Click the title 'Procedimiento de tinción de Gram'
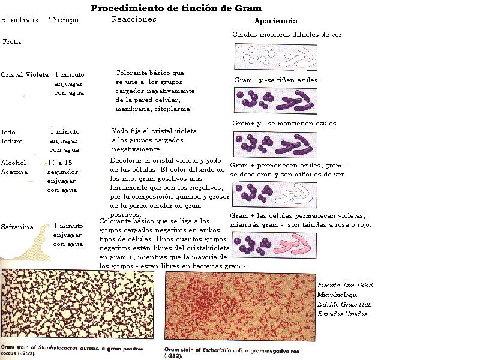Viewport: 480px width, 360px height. (x=176, y=8)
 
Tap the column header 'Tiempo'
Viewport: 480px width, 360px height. (x=64, y=20)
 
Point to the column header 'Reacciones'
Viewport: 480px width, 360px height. (x=134, y=19)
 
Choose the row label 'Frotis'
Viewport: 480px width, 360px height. (x=13, y=42)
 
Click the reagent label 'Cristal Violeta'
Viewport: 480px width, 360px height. (x=25, y=74)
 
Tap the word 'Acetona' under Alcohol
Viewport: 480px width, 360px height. (x=14, y=172)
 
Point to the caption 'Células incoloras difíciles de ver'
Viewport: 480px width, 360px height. (x=287, y=34)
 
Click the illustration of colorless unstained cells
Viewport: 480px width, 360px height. (x=275, y=56)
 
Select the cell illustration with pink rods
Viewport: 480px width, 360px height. (x=274, y=244)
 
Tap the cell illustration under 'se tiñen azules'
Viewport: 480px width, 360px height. (x=274, y=100)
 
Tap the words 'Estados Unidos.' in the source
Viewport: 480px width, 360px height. (x=343, y=314)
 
